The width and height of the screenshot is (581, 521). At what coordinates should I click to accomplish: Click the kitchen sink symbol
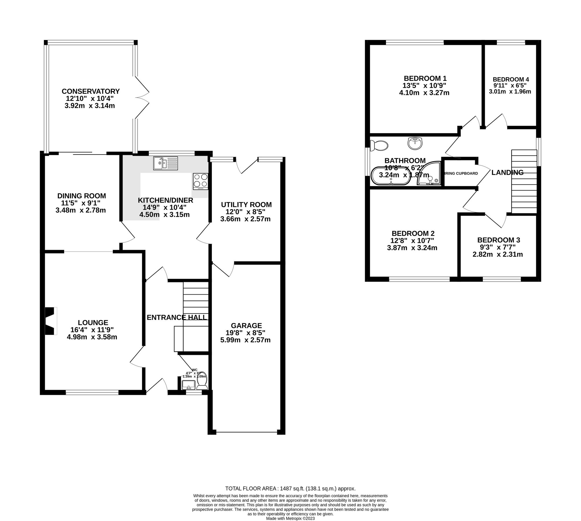click(x=166, y=163)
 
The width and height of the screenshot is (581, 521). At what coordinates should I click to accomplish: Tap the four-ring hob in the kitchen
click(x=200, y=181)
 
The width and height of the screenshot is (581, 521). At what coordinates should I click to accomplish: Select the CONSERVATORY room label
click(x=91, y=91)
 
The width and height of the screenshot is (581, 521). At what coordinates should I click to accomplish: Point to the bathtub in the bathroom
click(x=391, y=176)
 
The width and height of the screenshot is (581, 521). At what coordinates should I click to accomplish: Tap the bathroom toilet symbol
click(x=379, y=146)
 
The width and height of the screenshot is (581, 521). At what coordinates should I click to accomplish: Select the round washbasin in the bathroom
click(x=415, y=143)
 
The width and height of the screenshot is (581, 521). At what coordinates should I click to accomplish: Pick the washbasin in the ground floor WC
click(x=189, y=385)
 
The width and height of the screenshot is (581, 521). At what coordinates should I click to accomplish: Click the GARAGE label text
click(x=246, y=325)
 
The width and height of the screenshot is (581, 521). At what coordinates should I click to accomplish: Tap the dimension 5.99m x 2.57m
click(x=245, y=340)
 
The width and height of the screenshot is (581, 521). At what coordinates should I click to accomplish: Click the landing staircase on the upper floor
click(x=524, y=181)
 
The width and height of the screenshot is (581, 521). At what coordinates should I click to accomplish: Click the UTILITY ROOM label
click(x=246, y=205)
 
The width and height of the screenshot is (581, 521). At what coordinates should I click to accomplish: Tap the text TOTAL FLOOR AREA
click(x=251, y=489)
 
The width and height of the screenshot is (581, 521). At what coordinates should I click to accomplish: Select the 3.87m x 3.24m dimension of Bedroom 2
click(x=412, y=248)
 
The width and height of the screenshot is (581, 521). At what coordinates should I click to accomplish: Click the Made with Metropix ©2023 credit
click(x=290, y=518)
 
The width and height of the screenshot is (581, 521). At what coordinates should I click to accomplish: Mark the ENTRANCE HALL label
click(x=177, y=318)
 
